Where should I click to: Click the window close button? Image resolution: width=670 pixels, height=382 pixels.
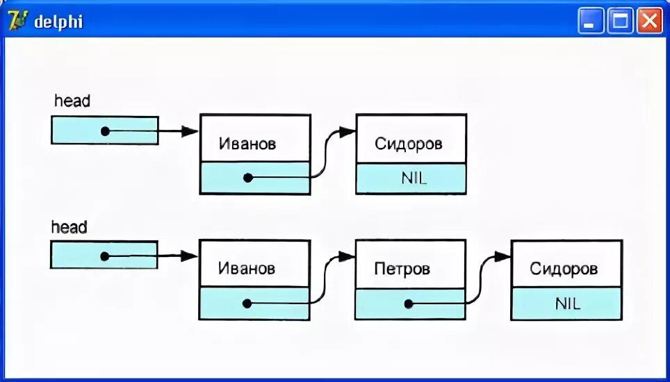pos(650,22)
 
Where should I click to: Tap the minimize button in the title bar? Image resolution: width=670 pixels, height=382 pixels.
pos(591,22)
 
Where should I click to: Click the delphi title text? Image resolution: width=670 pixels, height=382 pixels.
pos(58,22)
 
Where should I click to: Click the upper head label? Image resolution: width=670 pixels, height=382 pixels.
pos(72,101)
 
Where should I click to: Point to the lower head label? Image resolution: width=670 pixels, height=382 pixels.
pos(70,227)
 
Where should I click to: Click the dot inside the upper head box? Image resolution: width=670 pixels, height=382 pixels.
pos(105,131)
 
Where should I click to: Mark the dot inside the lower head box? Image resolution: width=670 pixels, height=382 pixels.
pos(105,256)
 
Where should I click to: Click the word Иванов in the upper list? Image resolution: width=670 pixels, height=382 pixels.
pos(247,144)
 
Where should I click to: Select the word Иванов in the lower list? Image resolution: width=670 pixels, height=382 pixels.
pos(247,268)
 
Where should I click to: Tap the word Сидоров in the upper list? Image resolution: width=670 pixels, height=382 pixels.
pos(409,144)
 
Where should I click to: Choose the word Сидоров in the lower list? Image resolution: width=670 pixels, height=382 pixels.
pos(564,269)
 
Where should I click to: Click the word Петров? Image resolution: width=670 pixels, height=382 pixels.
pos(402,268)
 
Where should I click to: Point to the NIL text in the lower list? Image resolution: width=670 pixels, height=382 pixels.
pos(568,304)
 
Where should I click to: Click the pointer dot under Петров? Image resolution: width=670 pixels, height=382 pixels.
pos(409,304)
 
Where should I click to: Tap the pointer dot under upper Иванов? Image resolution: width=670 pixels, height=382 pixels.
pos(248,178)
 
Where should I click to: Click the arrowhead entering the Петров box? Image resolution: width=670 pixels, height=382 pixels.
pos(348,257)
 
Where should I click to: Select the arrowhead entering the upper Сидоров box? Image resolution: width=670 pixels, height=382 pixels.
pos(348,131)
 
